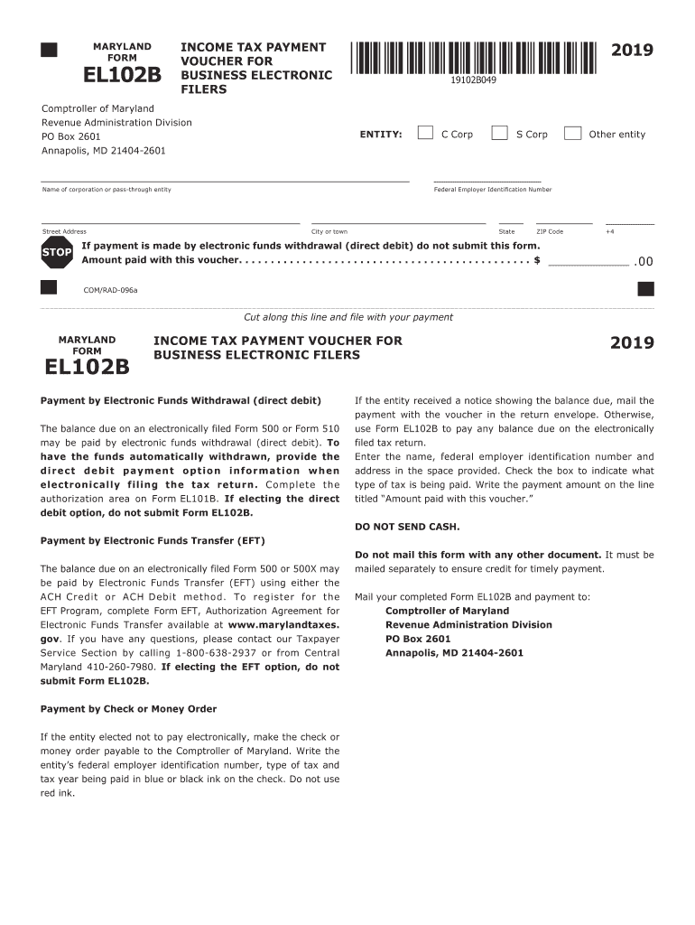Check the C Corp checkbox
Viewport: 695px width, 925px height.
coord(425,134)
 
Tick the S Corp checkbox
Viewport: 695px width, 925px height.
coord(499,134)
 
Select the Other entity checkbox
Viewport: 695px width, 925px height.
coord(572,134)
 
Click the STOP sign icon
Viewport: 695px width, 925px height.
coord(56,253)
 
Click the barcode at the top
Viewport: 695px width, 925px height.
coord(473,57)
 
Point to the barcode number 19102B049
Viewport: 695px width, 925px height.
coord(474,80)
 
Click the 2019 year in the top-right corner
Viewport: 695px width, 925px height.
coord(632,51)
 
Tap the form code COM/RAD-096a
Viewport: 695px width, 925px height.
coord(110,290)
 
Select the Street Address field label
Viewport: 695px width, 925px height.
coord(65,232)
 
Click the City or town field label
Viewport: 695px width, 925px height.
coord(329,232)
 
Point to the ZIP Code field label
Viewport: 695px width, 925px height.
coord(550,232)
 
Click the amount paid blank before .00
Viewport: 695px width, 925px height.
coord(588,262)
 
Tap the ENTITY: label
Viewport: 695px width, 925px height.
coord(381,135)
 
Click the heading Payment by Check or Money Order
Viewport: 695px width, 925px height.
coord(129,708)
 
